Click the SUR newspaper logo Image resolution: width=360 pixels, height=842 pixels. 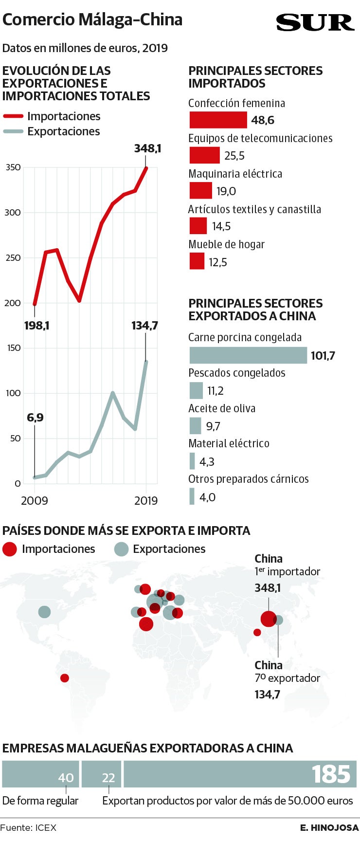pyautogui.click(x=315, y=22)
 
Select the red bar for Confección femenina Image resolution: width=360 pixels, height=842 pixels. pyautogui.click(x=218, y=120)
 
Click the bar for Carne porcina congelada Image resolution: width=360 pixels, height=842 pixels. pyautogui.click(x=248, y=355)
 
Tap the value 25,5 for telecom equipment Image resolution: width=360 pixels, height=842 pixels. pyautogui.click(x=234, y=156)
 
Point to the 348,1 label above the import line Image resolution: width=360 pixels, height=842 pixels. pyautogui.click(x=147, y=148)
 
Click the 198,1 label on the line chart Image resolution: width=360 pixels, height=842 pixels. pyautogui.click(x=37, y=325)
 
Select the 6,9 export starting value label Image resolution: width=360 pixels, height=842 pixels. pyautogui.click(x=35, y=418)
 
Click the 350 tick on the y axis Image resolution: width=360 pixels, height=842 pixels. pyautogui.click(x=13, y=167)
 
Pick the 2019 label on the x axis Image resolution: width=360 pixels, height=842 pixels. pyautogui.click(x=146, y=500)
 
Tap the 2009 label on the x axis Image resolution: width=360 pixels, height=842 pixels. pyautogui.click(x=35, y=500)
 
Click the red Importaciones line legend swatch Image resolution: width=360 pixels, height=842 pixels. pyautogui.click(x=13, y=116)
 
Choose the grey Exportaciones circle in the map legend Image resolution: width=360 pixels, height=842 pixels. pyautogui.click(x=121, y=549)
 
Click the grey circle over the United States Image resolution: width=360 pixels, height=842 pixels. pyautogui.click(x=44, y=612)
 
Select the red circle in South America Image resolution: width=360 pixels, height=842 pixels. pyautogui.click(x=65, y=678)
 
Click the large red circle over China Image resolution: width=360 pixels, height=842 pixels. pyautogui.click(x=268, y=619)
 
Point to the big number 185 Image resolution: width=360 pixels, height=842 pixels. pyautogui.click(x=331, y=774)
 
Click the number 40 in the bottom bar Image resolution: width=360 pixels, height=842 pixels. pyautogui.click(x=66, y=778)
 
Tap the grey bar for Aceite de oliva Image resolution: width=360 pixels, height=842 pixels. pyautogui.click(x=195, y=426)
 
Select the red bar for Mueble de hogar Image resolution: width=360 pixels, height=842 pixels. pyautogui.click(x=197, y=261)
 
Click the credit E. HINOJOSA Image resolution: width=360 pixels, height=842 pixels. pyautogui.click(x=329, y=827)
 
